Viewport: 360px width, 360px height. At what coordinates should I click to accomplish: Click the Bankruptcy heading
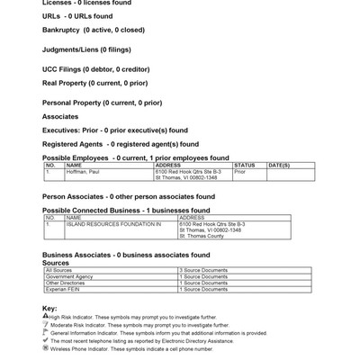[x=93, y=30]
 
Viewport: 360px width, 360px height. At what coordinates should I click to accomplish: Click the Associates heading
[x=60, y=116]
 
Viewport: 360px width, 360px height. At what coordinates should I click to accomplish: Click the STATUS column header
[x=245, y=165]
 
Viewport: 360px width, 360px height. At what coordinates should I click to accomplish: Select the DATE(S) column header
[x=279, y=165]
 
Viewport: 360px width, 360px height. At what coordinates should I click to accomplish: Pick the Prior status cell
[x=240, y=171]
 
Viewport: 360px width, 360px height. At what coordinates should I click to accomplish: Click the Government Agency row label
[x=69, y=276]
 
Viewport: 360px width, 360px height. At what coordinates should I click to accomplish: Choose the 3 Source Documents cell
[x=203, y=270]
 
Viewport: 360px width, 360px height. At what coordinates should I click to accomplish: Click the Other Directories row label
[x=67, y=283]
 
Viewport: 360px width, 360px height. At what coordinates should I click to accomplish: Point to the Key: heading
[x=49, y=309]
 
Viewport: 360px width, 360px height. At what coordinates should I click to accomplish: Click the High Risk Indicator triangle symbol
[x=45, y=317]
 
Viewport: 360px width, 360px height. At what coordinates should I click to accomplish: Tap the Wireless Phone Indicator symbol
[x=45, y=348]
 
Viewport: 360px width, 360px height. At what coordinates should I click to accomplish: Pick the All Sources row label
[x=58, y=270]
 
